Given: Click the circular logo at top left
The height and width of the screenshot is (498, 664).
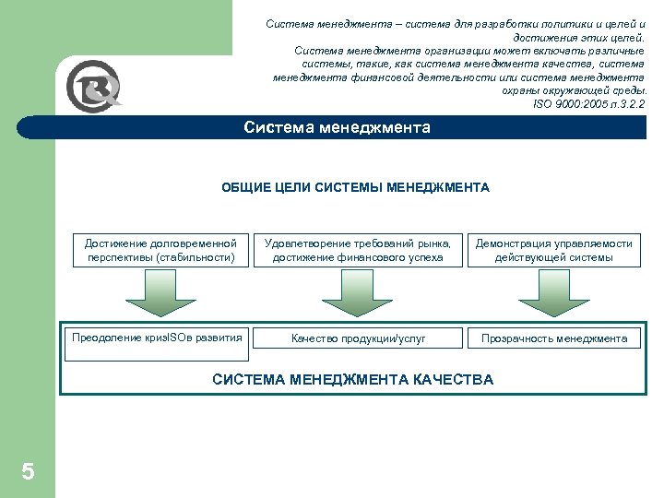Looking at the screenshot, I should tap(93, 90).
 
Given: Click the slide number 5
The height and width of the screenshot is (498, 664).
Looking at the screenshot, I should tap(28, 472).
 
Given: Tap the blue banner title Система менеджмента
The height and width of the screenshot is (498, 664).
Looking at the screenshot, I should tap(337, 128).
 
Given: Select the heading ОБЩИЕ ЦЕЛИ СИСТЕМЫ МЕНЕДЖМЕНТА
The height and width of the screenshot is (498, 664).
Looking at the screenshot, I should tap(355, 188).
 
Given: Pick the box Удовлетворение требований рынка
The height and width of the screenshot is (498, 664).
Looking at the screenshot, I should tap(358, 250).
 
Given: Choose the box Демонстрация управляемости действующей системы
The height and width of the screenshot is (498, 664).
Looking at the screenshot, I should tap(553, 250).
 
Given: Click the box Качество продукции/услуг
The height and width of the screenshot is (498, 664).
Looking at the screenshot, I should tap(358, 338).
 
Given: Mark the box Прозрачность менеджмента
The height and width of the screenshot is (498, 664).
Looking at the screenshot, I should tap(553, 338).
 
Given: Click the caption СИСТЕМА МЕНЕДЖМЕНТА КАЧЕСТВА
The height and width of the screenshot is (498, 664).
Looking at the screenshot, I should tap(352, 379).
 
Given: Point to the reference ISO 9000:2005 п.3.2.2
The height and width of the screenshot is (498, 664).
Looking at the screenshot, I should tap(589, 104).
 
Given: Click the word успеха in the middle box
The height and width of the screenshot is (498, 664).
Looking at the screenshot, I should tap(423, 257).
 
